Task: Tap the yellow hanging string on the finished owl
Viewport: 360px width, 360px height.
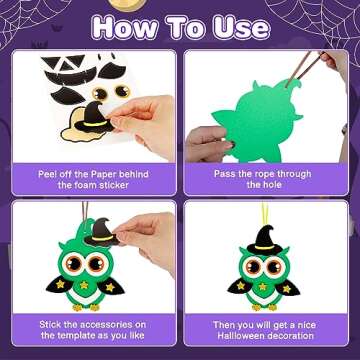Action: tap(269, 226)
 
